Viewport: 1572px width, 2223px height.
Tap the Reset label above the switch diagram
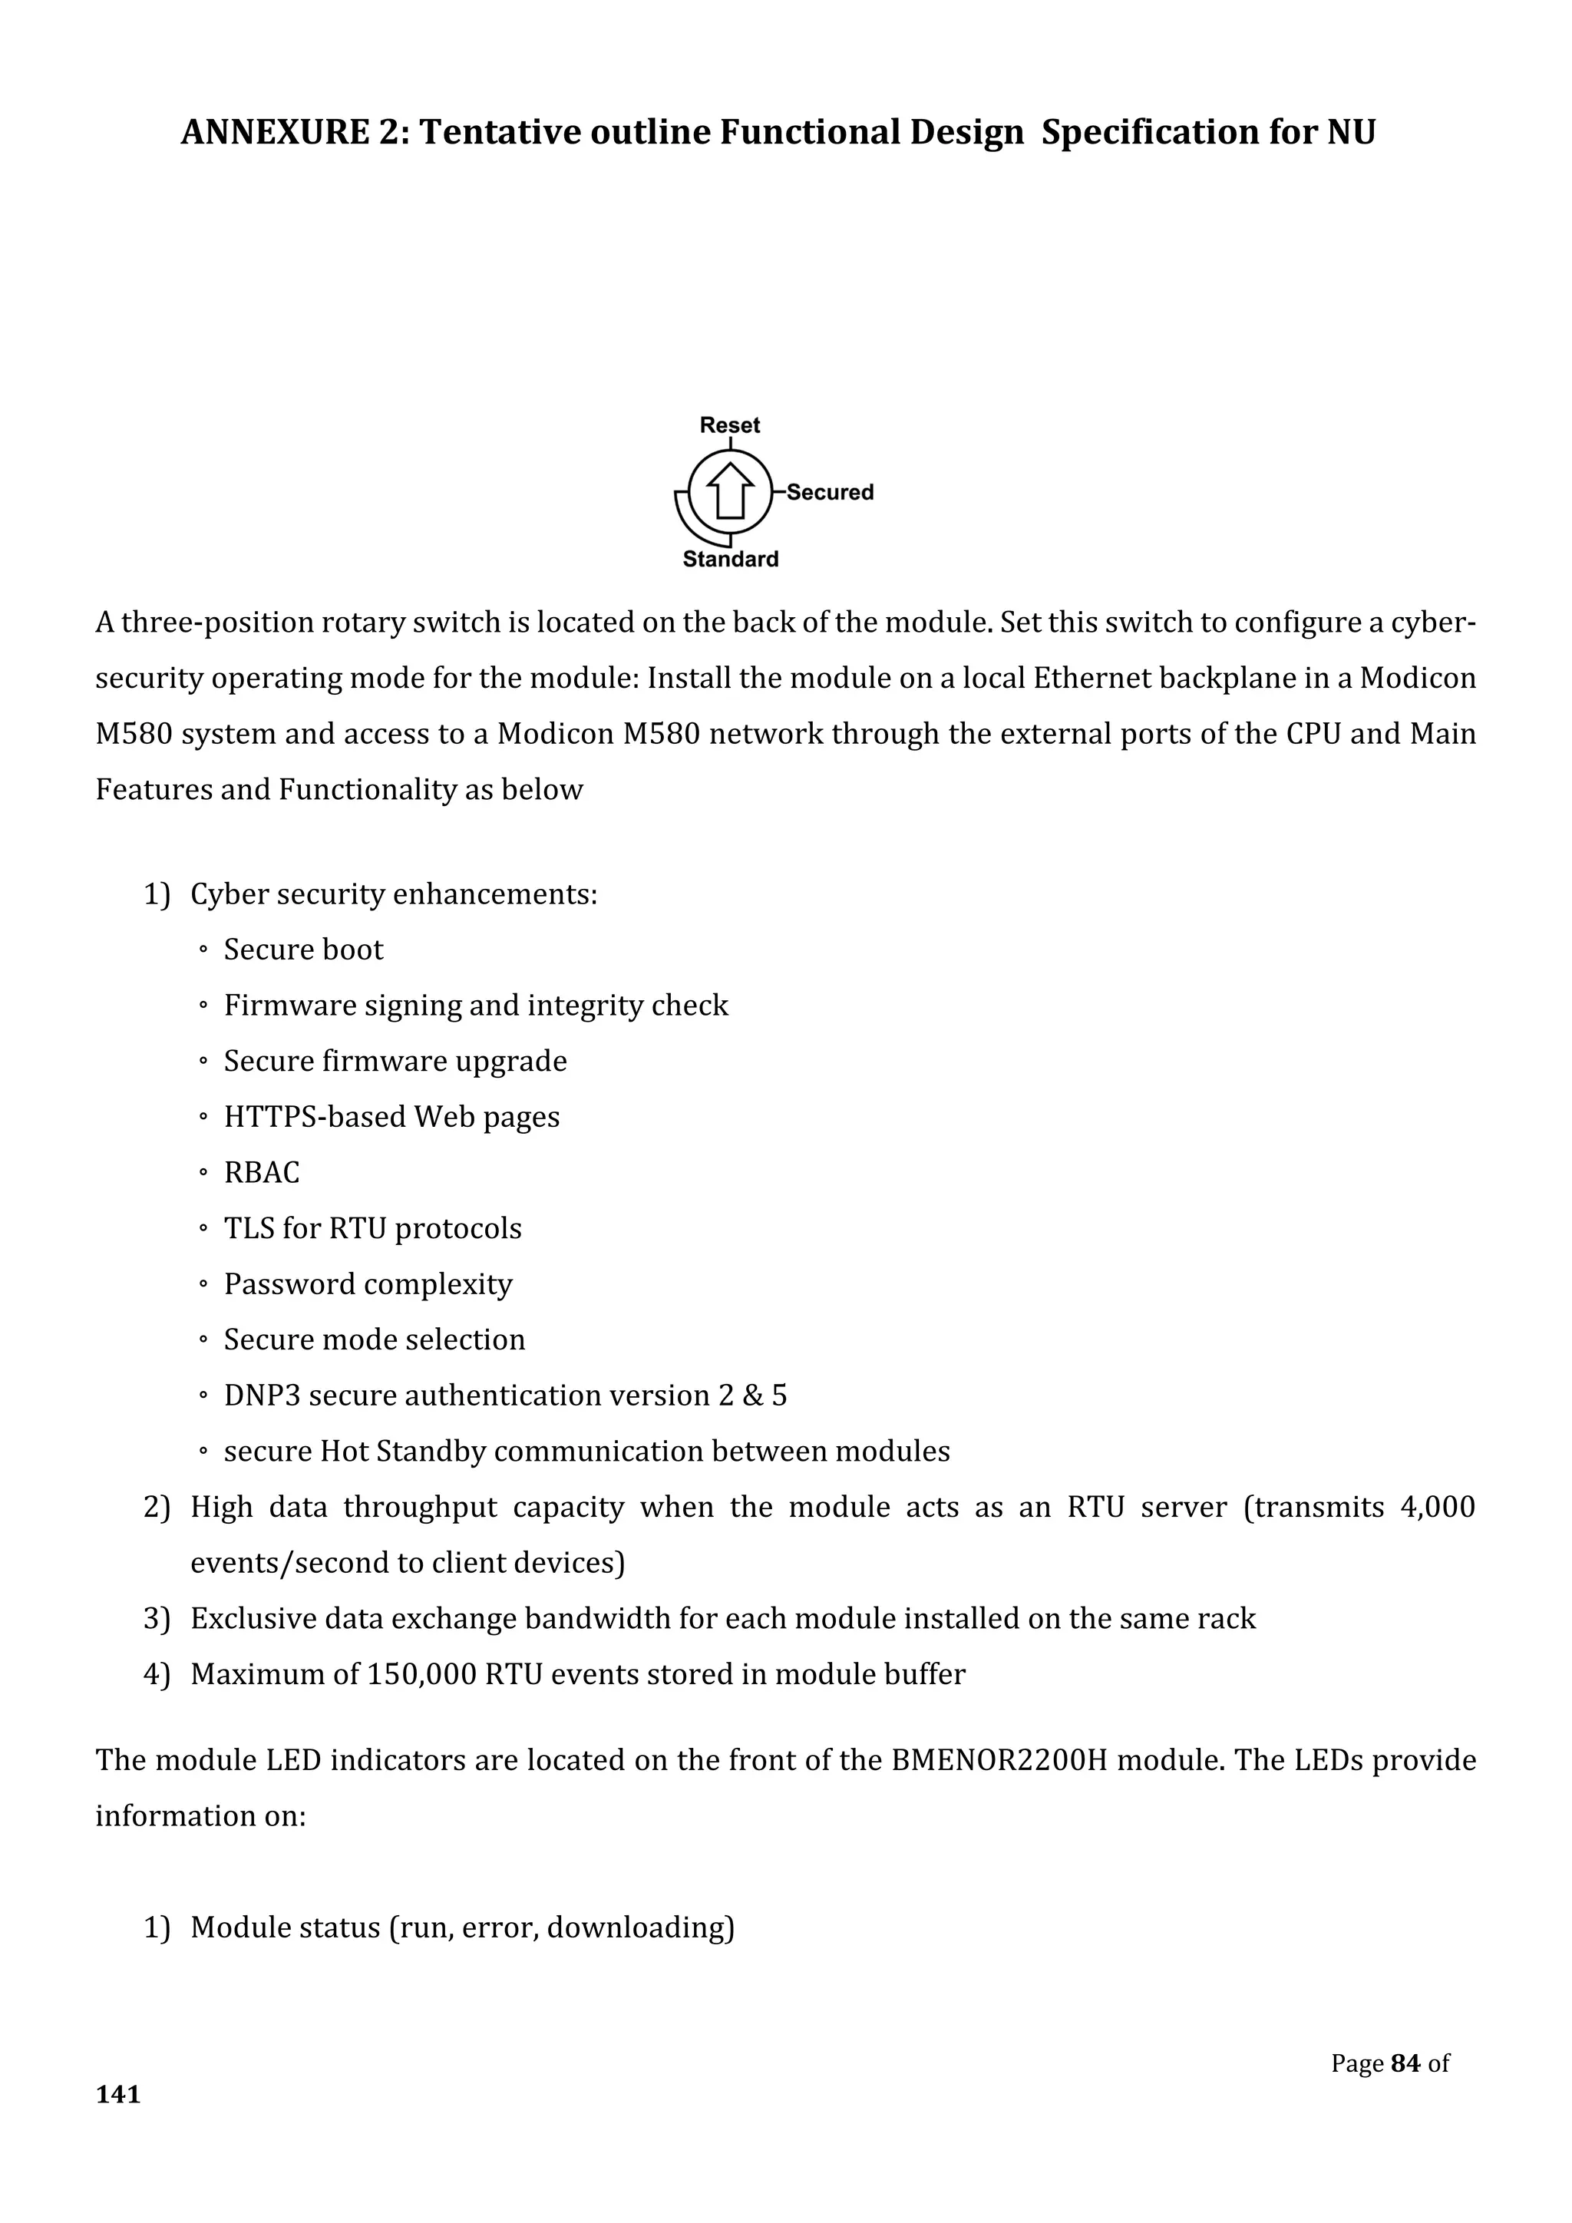click(x=730, y=425)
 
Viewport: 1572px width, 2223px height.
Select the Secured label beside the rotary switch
click(x=830, y=492)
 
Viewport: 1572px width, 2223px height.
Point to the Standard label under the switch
click(x=730, y=560)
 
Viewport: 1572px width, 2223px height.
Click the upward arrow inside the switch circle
click(x=730, y=490)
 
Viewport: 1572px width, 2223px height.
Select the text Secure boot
click(x=303, y=950)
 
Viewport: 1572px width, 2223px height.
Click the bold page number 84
click(x=1405, y=2064)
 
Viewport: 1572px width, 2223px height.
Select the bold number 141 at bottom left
click(x=118, y=2096)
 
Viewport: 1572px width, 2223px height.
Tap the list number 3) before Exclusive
click(x=157, y=1619)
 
